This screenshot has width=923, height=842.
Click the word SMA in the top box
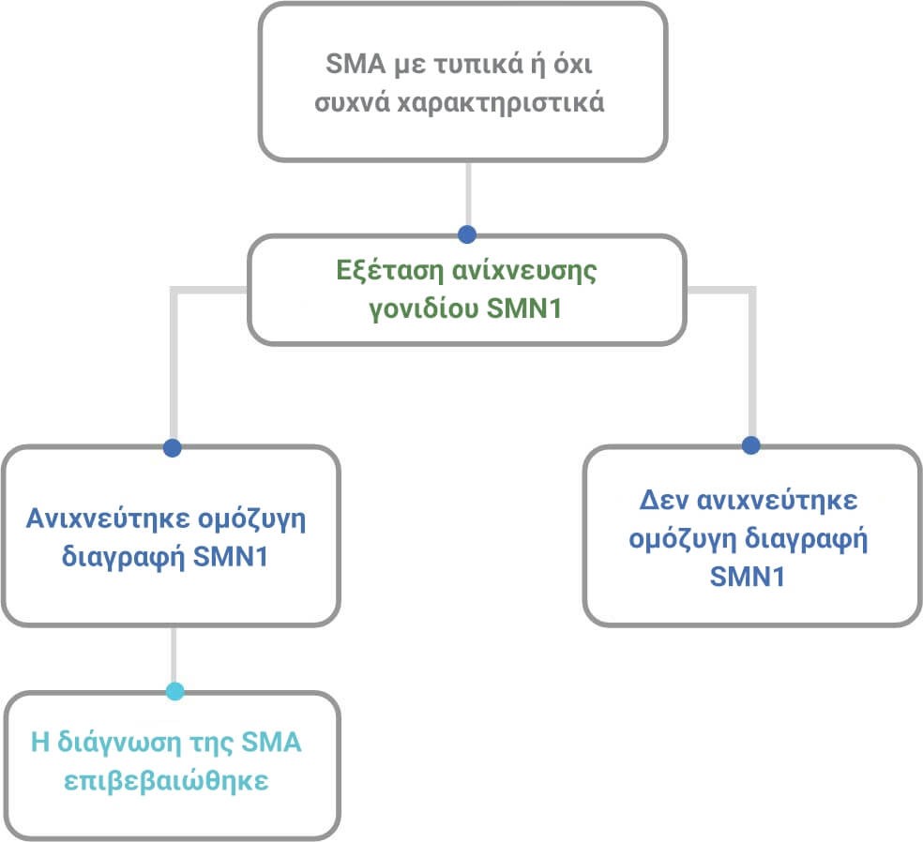pos(355,64)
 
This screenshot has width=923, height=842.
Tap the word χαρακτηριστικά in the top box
pos(501,103)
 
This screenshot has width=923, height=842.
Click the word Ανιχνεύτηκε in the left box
pos(108,519)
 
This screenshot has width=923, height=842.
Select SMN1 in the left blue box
pos(231,557)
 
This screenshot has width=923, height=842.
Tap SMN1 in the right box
pos(748,577)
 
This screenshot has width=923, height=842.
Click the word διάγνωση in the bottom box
pos(119,744)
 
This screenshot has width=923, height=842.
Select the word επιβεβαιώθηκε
pos(166,781)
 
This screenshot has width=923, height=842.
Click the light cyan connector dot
pos(174,691)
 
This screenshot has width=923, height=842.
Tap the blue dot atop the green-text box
pos(467,234)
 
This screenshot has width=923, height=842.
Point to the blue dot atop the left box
pos(173,448)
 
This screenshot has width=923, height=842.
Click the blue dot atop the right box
pos(751,444)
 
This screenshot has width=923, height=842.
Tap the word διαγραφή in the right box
pos(807,539)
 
